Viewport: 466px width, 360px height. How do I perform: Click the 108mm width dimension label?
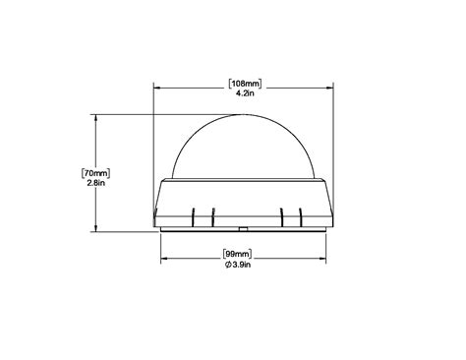point(245,84)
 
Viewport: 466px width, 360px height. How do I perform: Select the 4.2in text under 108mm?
point(245,93)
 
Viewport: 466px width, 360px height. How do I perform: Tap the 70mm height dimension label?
point(95,173)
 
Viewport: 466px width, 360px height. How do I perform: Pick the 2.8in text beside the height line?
point(95,183)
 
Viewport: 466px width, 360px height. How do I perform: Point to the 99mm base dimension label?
point(237,254)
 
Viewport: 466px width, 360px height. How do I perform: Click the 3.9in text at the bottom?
point(242,265)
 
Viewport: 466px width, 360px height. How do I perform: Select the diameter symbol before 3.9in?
point(228,265)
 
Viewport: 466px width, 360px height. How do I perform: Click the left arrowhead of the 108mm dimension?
point(156,88)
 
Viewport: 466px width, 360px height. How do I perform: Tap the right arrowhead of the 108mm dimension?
point(330,88)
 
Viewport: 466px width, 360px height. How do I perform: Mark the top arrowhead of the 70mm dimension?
point(95,117)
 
